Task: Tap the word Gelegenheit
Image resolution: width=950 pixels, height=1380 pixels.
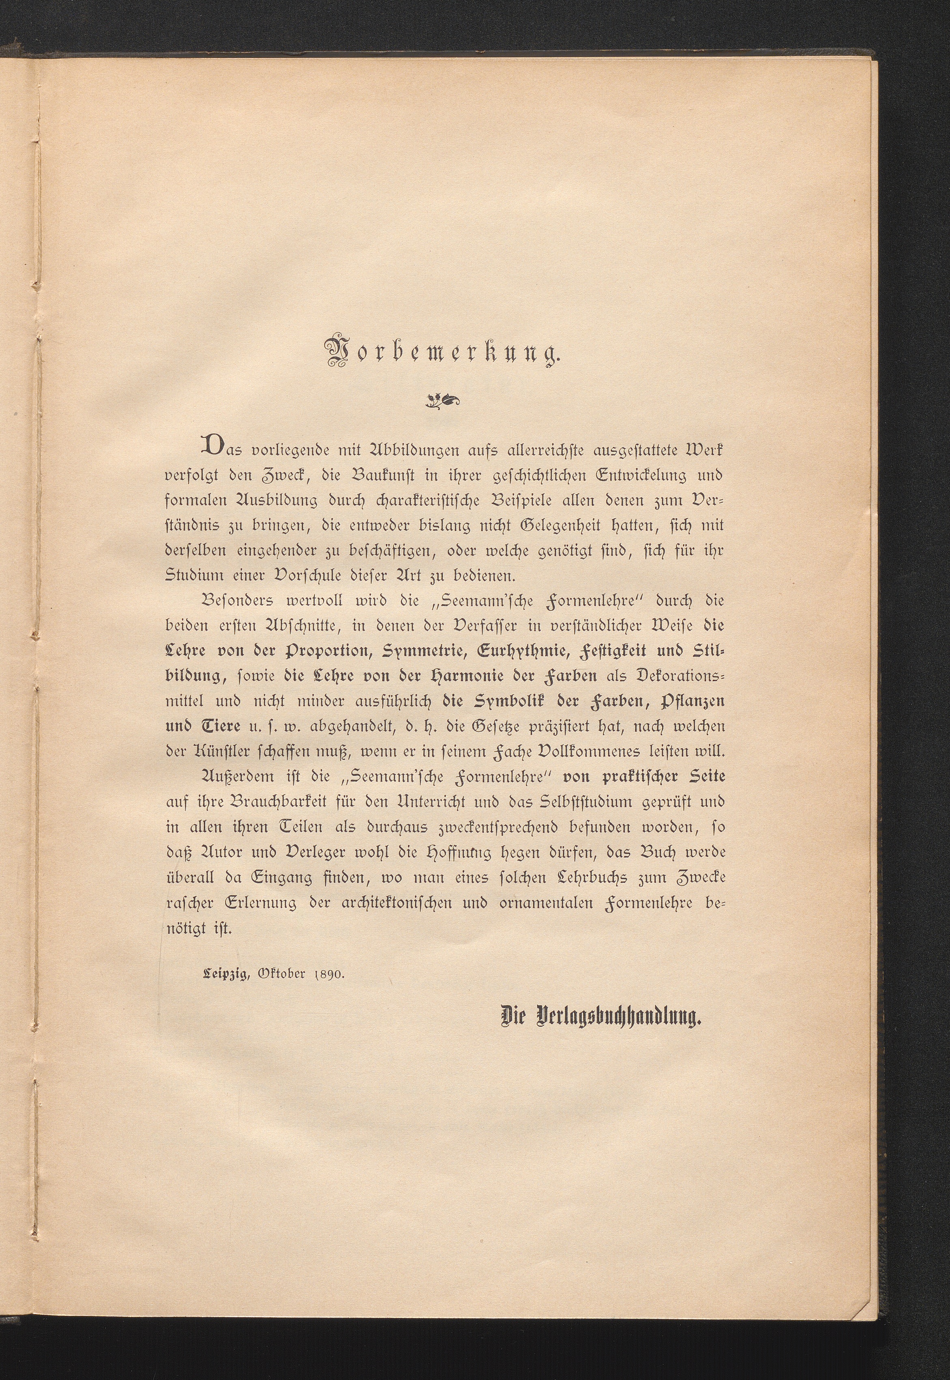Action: click(573, 526)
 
